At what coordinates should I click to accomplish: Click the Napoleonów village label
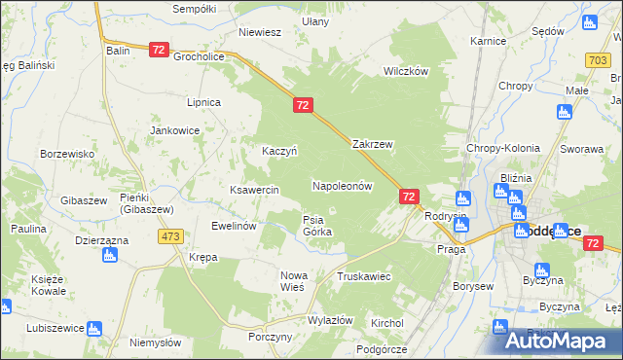pyautogui.click(x=342, y=185)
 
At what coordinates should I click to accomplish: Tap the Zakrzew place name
pyautogui.click(x=372, y=144)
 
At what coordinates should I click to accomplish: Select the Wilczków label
pyautogui.click(x=406, y=72)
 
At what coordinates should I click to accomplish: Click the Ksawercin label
pyautogui.click(x=254, y=189)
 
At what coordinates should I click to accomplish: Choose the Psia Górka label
pyautogui.click(x=317, y=226)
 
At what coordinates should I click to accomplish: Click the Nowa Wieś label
pyautogui.click(x=293, y=281)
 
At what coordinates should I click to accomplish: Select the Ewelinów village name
pyautogui.click(x=234, y=225)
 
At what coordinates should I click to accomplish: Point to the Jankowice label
pyautogui.click(x=174, y=129)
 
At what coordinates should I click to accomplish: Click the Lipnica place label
pyautogui.click(x=204, y=101)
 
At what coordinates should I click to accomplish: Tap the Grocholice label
pyautogui.click(x=200, y=56)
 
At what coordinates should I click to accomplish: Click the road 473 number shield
pyautogui.click(x=172, y=236)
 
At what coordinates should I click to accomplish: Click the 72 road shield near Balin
pyautogui.click(x=160, y=49)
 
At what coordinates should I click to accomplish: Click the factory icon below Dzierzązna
pyautogui.click(x=108, y=256)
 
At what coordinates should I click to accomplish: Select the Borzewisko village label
pyautogui.click(x=66, y=154)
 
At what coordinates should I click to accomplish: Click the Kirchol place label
pyautogui.click(x=387, y=322)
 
